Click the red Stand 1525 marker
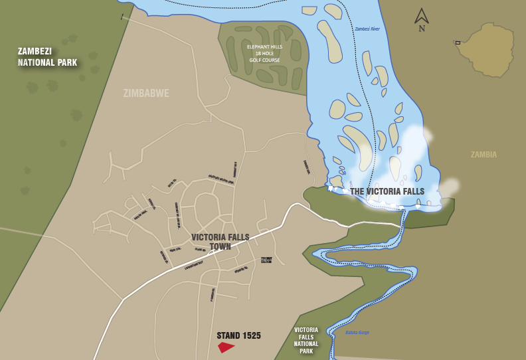pos(226,347)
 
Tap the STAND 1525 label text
pos(238,336)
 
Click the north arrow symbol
pos(422,16)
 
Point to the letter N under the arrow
pos(422,29)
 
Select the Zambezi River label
pos(367,29)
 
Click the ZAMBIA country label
pos(483,155)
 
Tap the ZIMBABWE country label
pos(146,94)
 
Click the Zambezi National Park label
pos(47,57)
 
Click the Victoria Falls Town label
pos(211,242)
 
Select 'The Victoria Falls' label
pos(387,191)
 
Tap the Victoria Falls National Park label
pos(306,340)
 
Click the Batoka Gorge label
pos(357,332)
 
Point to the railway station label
pos(266,260)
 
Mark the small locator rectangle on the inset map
pos(458,43)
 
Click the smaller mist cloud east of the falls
pos(450,187)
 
